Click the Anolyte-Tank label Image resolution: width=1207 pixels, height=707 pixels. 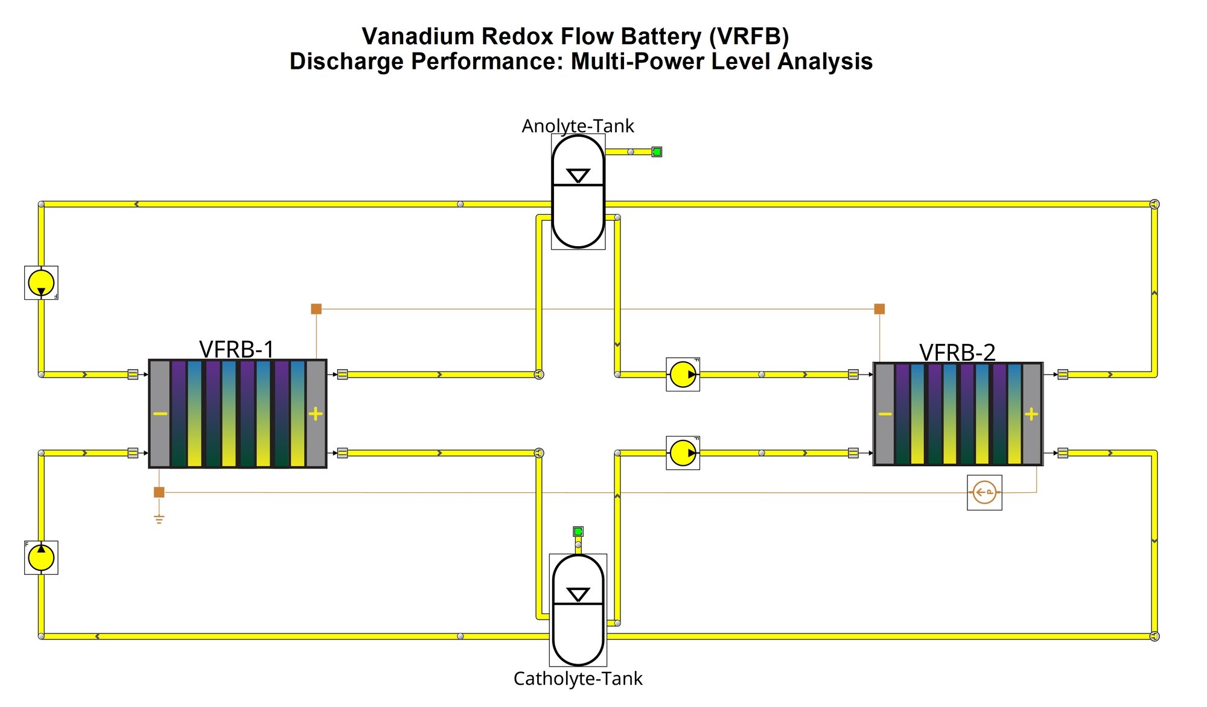pos(578,126)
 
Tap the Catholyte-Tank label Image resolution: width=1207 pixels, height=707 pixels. pos(578,679)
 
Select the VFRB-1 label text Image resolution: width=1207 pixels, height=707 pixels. pos(237,349)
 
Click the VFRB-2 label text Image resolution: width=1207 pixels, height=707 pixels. pos(957,352)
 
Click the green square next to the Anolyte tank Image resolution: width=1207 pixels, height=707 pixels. pos(657,152)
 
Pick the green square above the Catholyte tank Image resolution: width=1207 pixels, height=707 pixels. pos(578,531)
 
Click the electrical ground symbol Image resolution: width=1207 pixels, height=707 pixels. pos(159,519)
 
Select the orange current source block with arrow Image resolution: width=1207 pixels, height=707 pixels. pos(984,492)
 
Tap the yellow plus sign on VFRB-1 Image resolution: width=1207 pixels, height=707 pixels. pos(316,414)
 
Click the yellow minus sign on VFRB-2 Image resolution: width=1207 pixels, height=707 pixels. pos(885,414)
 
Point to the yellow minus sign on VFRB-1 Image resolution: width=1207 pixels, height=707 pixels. pos(160,414)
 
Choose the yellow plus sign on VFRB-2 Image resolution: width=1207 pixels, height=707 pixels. pos(1031,414)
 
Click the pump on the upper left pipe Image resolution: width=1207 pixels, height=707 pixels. pos(41,282)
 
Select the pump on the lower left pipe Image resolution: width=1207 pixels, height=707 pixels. pos(41,557)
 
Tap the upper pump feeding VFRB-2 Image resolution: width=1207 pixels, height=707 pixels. pos(683,375)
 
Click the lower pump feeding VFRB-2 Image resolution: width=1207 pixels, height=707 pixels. pos(683,453)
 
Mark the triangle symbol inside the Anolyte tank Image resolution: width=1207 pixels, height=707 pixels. pos(578,176)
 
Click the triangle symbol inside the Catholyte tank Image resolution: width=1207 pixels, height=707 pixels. pos(578,595)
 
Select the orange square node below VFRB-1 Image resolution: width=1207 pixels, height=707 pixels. pos(159,492)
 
